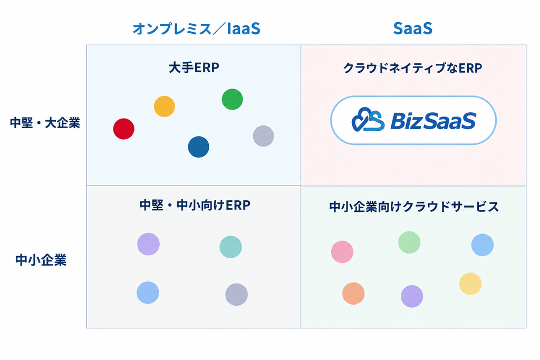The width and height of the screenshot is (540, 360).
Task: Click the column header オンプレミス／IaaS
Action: pyautogui.click(x=196, y=28)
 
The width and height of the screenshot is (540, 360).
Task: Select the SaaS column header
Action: pyautogui.click(x=412, y=28)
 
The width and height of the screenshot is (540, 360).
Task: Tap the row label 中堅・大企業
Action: pyautogui.click(x=45, y=123)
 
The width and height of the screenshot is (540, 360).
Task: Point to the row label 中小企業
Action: pyautogui.click(x=41, y=260)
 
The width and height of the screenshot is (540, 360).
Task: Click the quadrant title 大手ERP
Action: pyautogui.click(x=194, y=67)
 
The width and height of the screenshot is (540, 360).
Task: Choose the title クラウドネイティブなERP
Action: pyautogui.click(x=412, y=68)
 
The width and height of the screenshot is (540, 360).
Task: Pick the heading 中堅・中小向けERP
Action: pyautogui.click(x=195, y=205)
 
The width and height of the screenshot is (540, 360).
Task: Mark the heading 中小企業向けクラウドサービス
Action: pyautogui.click(x=414, y=207)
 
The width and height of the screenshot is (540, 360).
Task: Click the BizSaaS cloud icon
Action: pyautogui.click(x=368, y=120)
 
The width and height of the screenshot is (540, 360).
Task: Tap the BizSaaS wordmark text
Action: pyautogui.click(x=433, y=121)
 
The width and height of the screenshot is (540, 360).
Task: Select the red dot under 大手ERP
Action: pyautogui.click(x=123, y=129)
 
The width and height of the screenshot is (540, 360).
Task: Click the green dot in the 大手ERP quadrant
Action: pyautogui.click(x=233, y=99)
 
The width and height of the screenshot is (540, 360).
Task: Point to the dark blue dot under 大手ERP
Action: pyautogui.click(x=199, y=147)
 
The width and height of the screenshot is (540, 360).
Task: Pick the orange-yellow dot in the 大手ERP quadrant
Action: pyautogui.click(x=165, y=106)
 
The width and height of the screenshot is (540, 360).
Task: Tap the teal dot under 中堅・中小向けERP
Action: pyautogui.click(x=231, y=247)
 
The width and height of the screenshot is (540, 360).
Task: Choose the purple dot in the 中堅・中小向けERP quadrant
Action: pyautogui.click(x=148, y=244)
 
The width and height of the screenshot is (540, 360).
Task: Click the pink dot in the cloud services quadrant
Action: pyautogui.click(x=342, y=252)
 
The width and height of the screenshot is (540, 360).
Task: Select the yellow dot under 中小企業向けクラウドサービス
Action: pyautogui.click(x=470, y=284)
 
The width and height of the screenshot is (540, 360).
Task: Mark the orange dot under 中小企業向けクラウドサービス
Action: pyautogui.click(x=353, y=294)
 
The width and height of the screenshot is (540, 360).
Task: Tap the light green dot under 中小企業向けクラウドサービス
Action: pyautogui.click(x=409, y=242)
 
